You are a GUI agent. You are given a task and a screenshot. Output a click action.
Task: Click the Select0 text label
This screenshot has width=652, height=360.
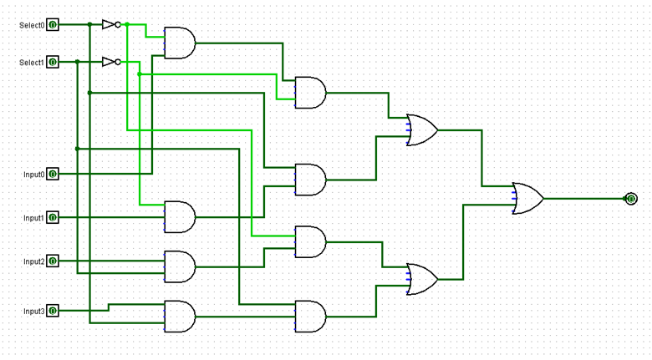(x=32, y=25)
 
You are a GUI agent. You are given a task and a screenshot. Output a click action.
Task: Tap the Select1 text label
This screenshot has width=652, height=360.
(x=32, y=63)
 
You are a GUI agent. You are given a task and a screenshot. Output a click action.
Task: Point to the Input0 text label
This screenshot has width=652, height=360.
(x=33, y=175)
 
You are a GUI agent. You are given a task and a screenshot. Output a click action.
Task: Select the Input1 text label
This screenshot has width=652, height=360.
(x=33, y=218)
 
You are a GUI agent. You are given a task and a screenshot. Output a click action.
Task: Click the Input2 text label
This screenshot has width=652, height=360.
(x=33, y=261)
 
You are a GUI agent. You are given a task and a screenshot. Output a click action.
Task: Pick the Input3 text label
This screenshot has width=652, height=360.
(x=33, y=312)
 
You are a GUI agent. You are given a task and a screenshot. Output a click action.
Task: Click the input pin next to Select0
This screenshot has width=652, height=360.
(x=53, y=25)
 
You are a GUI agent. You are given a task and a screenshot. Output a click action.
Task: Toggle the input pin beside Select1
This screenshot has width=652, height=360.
(x=53, y=62)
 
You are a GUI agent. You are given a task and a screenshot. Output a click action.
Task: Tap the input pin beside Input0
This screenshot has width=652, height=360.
(x=53, y=174)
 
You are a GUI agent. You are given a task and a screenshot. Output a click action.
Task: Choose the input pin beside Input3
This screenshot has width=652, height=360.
(x=53, y=311)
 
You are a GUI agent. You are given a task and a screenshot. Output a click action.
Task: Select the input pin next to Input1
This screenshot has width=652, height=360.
(x=53, y=217)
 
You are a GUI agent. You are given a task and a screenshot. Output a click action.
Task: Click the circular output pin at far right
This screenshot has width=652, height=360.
(x=631, y=199)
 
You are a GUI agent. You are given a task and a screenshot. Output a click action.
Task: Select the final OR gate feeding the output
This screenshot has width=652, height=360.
(x=527, y=199)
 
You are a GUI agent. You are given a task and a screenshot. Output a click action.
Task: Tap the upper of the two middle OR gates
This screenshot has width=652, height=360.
(x=420, y=130)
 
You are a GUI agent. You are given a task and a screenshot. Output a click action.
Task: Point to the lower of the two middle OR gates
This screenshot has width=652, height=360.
(x=420, y=279)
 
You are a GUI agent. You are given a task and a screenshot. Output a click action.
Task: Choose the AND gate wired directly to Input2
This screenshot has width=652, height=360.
(x=180, y=266)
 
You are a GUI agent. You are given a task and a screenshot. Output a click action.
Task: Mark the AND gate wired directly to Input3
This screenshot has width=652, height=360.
(x=180, y=317)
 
